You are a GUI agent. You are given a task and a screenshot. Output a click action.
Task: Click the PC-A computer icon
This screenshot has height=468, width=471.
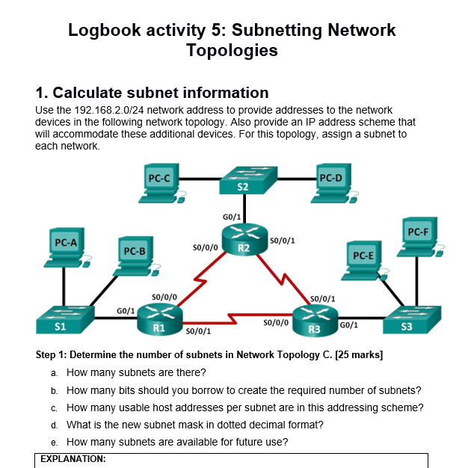[67, 247]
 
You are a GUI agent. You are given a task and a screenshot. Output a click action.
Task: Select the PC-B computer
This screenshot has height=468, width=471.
[136, 256]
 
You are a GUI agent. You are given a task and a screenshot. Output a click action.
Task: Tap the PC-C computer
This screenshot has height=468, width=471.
[162, 183]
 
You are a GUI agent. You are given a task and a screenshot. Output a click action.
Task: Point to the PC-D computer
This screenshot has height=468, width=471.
[334, 183]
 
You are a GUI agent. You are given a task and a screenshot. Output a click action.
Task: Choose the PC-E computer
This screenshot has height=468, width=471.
[364, 260]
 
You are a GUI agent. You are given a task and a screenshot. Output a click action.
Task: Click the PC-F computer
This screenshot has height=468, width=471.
[420, 237]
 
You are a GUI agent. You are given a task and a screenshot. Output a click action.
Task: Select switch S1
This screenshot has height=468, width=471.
[65, 320]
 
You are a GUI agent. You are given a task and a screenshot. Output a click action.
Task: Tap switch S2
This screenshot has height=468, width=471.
[248, 180]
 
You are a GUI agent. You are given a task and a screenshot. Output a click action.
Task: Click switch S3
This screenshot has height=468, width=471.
[412, 320]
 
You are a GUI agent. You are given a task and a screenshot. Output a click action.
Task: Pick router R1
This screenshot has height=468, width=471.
[159, 319]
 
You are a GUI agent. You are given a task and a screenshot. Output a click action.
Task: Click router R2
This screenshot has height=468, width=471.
[244, 239]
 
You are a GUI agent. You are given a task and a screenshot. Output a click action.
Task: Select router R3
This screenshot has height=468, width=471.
[315, 321]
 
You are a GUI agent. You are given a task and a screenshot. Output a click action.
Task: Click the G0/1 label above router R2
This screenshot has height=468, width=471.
[232, 217]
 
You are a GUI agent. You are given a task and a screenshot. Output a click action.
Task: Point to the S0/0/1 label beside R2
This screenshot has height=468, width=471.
[283, 240]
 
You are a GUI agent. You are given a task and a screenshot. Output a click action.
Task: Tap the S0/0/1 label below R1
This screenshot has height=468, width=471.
[198, 331]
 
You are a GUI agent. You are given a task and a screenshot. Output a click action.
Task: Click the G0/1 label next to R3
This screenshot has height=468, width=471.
[348, 324]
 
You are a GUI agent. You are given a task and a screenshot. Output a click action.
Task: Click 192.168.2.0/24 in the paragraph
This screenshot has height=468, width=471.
[108, 110]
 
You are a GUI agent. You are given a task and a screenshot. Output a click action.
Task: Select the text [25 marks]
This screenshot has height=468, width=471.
[359, 355]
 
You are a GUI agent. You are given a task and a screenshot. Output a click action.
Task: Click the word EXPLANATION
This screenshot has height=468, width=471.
[73, 459]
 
